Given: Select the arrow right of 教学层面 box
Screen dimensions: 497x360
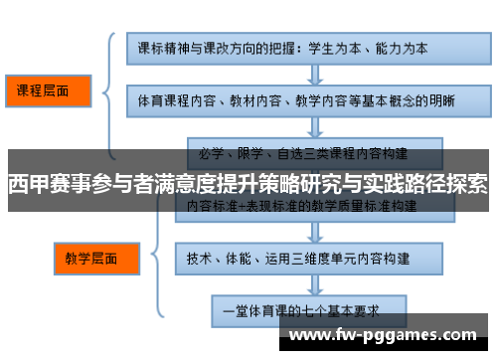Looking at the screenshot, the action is point(142,258).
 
